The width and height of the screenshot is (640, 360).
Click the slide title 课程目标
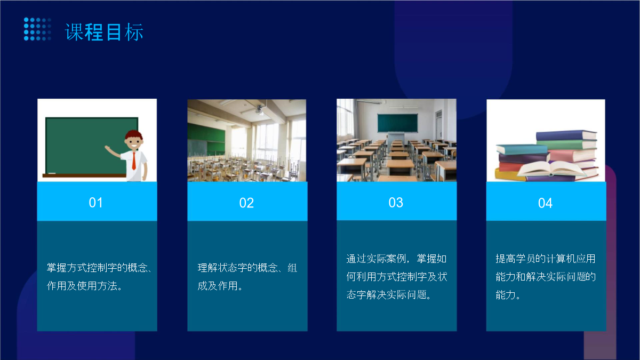click(105, 33)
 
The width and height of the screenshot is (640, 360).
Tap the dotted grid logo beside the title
click(37, 29)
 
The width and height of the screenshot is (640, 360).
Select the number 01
click(95, 203)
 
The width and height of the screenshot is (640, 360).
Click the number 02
click(246, 203)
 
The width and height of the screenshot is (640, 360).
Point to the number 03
click(396, 203)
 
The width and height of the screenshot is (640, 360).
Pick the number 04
click(545, 203)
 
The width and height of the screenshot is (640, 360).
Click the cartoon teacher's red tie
click(134, 161)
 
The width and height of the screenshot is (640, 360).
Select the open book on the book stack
click(551, 169)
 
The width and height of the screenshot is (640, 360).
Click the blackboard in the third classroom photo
click(397, 123)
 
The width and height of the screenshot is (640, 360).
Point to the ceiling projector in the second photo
click(259, 109)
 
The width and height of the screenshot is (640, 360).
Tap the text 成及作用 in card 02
click(218, 286)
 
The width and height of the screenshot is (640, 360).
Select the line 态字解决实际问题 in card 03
click(387, 294)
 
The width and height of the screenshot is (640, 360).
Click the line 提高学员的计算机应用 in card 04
click(546, 259)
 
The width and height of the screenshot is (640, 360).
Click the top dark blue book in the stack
click(566, 135)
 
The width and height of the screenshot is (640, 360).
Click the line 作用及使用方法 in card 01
click(82, 286)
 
